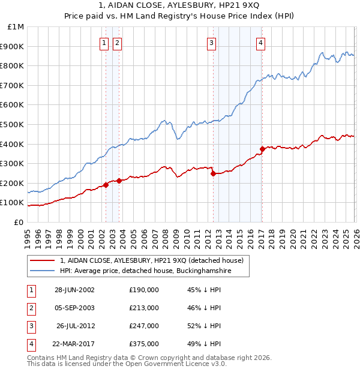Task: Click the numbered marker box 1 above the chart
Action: (104, 43)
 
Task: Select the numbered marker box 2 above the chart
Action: (116, 43)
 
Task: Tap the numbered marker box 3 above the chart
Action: (212, 43)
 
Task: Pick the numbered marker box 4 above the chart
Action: (261, 43)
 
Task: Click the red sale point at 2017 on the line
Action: (262, 149)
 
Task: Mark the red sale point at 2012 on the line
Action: (213, 174)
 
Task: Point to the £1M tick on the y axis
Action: (16, 27)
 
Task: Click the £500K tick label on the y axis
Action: (13, 124)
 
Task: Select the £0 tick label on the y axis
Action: (19, 222)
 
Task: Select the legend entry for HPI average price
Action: (146, 271)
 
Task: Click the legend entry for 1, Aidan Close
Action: (151, 260)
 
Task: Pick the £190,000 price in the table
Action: (144, 289)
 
